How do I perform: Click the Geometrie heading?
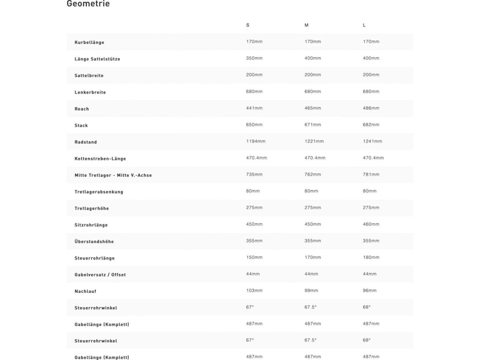click(x=88, y=4)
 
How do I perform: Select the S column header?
click(x=248, y=25)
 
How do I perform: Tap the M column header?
click(x=306, y=25)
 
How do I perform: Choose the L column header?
click(x=364, y=25)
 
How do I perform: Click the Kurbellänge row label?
click(x=89, y=42)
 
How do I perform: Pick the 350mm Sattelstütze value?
click(x=254, y=58)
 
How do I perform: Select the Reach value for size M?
click(x=312, y=108)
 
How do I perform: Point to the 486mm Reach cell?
click(x=371, y=108)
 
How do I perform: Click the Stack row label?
click(x=81, y=125)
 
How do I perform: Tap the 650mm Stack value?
click(x=254, y=125)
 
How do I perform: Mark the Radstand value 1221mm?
click(x=314, y=141)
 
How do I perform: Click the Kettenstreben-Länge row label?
click(x=100, y=159)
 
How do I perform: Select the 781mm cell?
click(x=371, y=174)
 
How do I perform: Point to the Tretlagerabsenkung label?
click(x=99, y=192)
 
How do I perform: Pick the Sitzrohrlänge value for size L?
click(x=371, y=224)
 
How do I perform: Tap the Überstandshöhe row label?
click(x=94, y=242)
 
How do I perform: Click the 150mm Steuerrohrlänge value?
click(x=254, y=258)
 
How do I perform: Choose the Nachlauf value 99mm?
click(x=311, y=291)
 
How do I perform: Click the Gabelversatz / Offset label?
click(x=100, y=275)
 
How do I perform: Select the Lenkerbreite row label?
click(x=90, y=92)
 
